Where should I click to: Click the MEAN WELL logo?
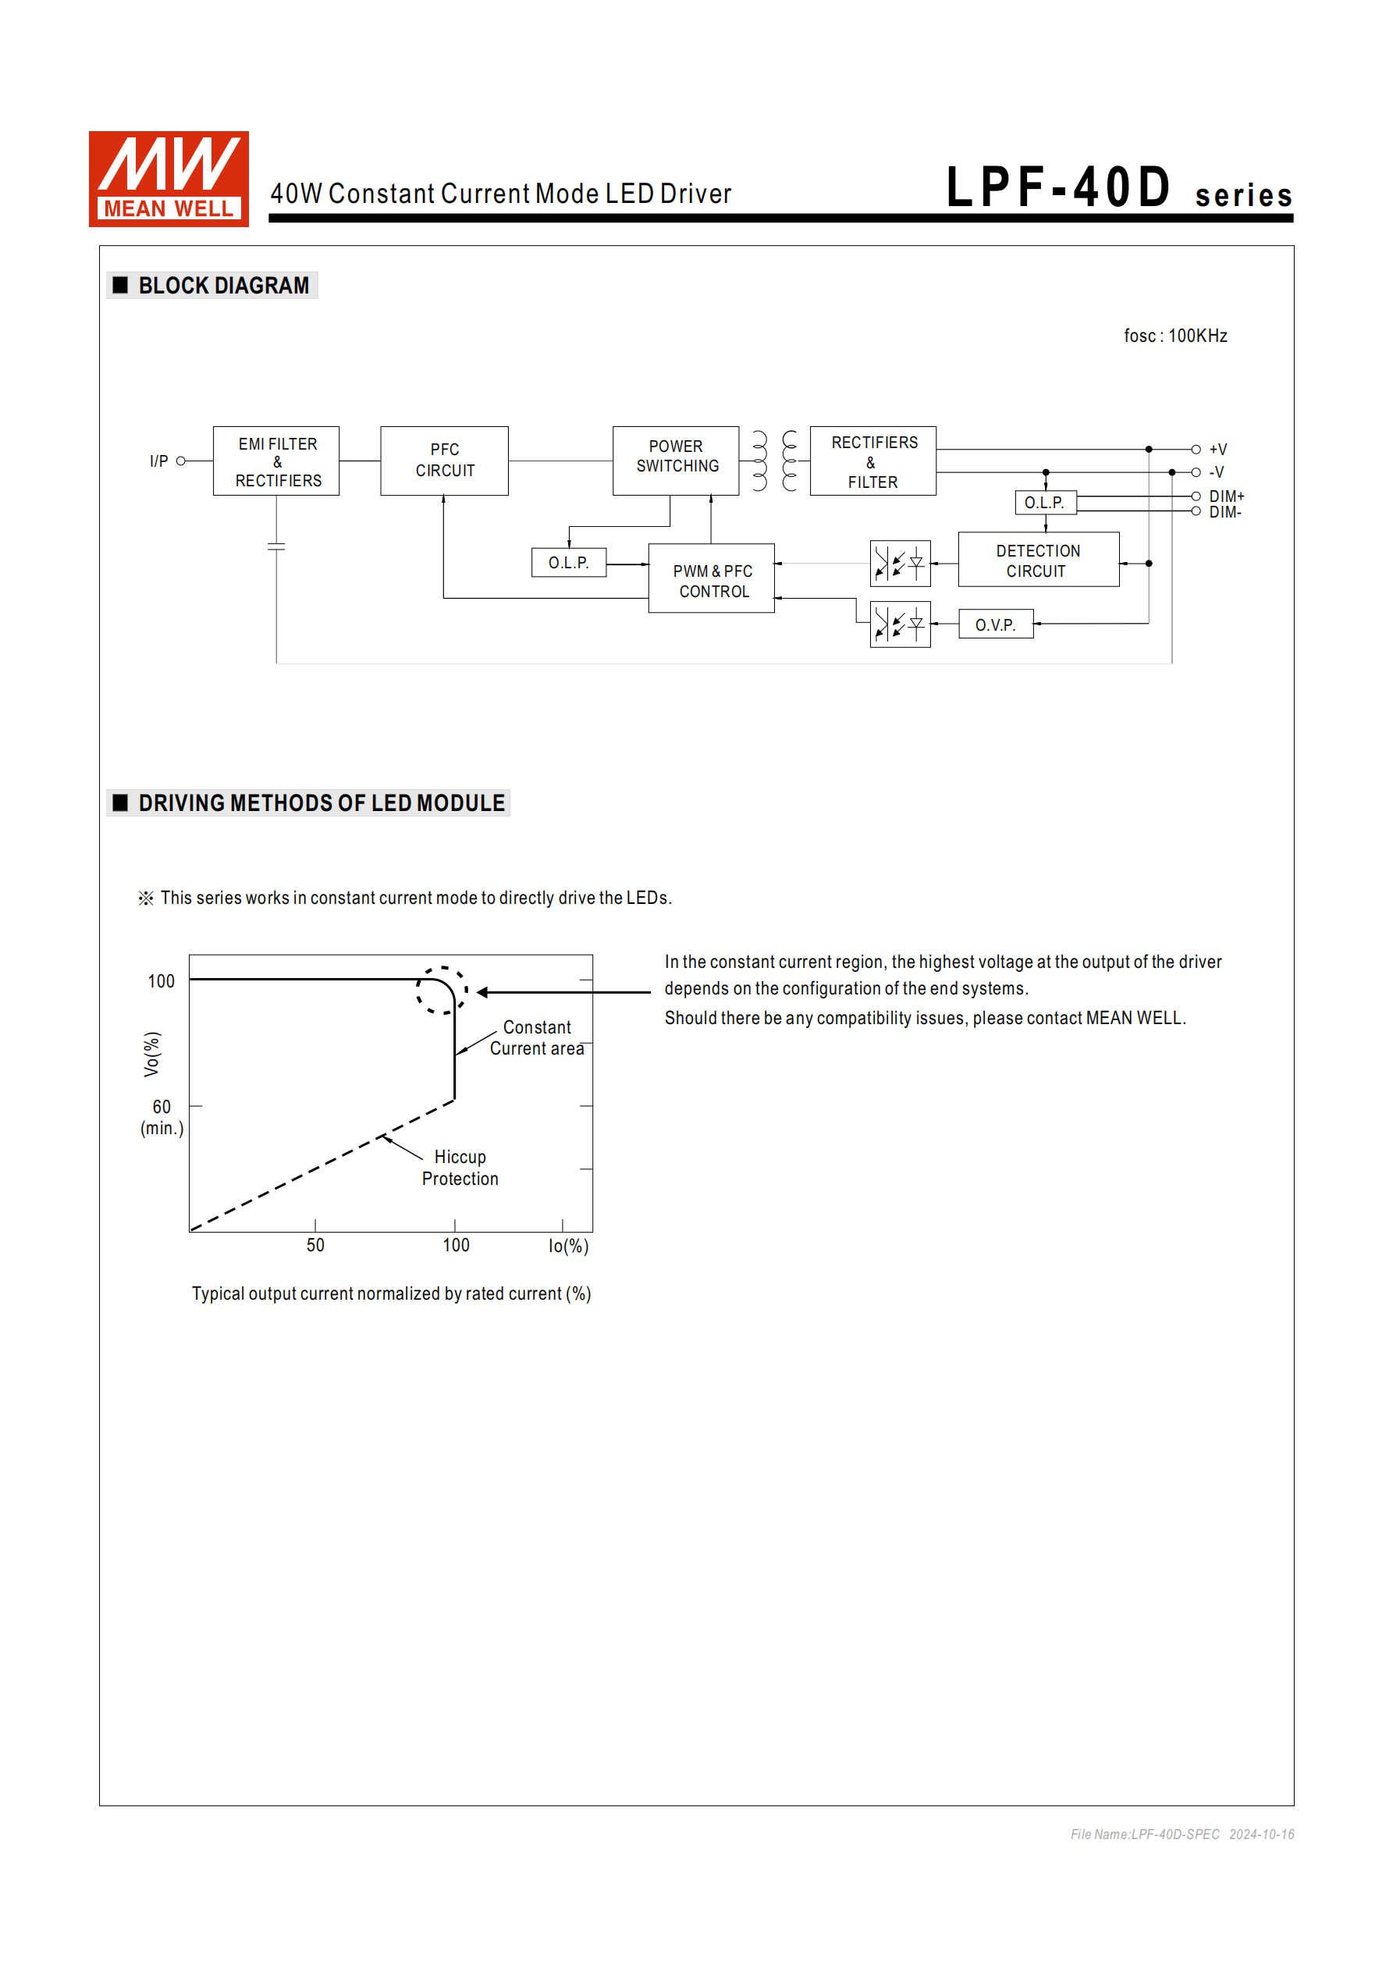pos(169,179)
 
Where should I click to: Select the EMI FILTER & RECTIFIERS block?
pos(276,461)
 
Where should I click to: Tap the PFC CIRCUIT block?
pos(444,461)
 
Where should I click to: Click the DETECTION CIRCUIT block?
pos(1038,560)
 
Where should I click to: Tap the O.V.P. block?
pos(995,624)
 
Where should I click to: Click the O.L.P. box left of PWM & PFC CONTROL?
pos(568,562)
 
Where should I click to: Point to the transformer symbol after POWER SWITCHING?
pos(774,461)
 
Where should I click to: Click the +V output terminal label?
pos(1218,449)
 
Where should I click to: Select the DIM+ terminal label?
pos(1226,496)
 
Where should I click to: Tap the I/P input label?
pos(158,461)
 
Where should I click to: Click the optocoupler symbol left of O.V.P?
pos(900,624)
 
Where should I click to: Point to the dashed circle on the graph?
pos(441,990)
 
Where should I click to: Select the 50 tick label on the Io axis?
pos(315,1245)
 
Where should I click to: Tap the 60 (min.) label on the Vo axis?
pos(162,1117)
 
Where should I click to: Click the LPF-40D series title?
pos(1118,188)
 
